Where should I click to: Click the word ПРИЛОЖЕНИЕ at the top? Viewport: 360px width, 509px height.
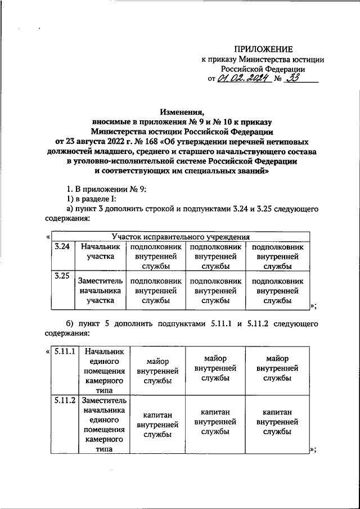coord(264,51)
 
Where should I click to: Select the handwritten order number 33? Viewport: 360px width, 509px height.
coord(292,79)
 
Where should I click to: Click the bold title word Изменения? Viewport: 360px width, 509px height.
coord(182,112)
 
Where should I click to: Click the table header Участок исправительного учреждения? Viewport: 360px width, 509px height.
coord(181,237)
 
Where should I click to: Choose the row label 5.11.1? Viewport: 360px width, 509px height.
coord(66,352)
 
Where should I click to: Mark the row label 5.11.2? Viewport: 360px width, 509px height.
coord(66,401)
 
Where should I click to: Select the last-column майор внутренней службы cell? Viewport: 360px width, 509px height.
coord(277,368)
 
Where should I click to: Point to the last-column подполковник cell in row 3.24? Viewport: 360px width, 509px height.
coord(277,256)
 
